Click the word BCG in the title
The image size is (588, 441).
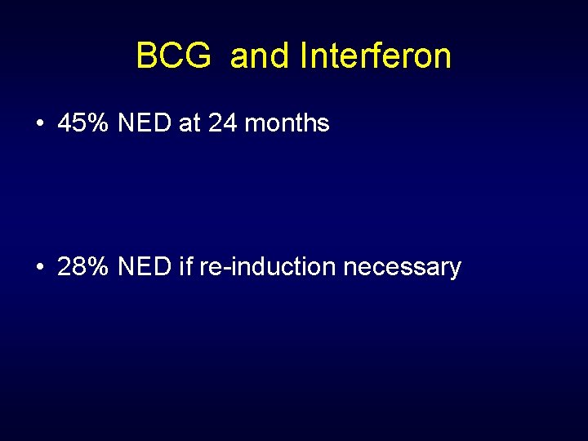coord(172,56)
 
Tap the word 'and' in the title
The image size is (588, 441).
coord(260,56)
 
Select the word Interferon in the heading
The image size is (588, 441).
coord(376,56)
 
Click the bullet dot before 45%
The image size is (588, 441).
coord(40,124)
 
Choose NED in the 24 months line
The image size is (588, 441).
coord(143,124)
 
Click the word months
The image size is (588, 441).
coord(287,124)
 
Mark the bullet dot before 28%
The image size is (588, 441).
coord(40,267)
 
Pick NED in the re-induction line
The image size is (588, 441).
coord(143,267)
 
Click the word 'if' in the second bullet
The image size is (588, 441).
coord(186,267)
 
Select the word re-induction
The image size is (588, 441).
coord(267,267)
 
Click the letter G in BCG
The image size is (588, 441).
coord(195,56)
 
